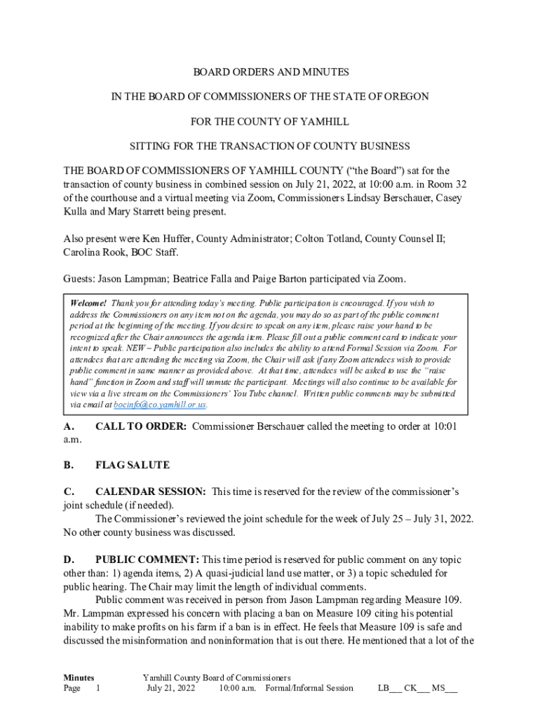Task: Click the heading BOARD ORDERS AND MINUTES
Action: coord(271,72)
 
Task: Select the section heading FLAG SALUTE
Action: coord(132,465)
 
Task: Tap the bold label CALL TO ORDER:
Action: coord(140,426)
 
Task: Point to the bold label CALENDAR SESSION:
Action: coord(150,492)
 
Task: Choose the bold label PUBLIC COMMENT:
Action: coord(147,560)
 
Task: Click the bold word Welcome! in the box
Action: coord(88,303)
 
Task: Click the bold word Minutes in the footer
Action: coord(79,677)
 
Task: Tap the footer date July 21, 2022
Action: coord(170,688)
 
